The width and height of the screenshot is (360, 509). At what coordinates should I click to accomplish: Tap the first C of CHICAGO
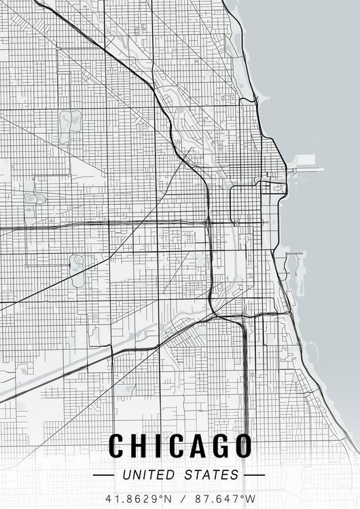tap(117, 446)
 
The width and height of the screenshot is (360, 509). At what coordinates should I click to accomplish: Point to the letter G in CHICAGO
tap(219, 446)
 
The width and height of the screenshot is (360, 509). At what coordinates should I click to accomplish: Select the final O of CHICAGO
tap(242, 446)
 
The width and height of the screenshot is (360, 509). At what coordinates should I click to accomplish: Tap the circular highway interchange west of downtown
tap(208, 221)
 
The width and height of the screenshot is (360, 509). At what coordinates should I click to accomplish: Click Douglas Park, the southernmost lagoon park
tap(77, 263)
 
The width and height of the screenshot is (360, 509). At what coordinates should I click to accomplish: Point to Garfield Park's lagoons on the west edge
tap(32, 199)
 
